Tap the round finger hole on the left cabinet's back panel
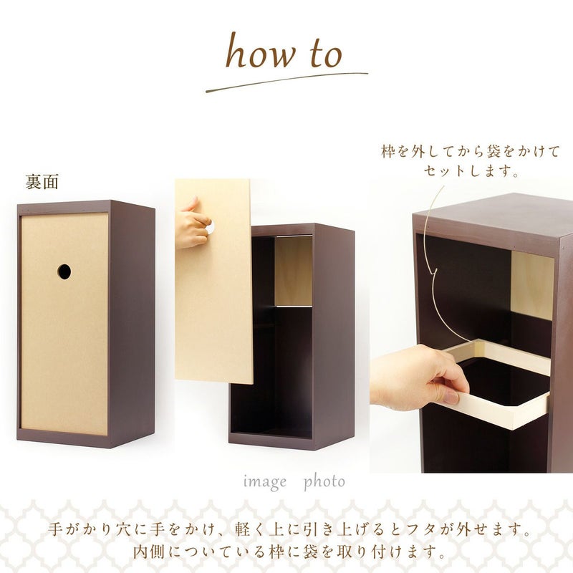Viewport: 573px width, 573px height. click(x=64, y=271)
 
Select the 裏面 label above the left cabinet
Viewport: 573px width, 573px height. click(x=42, y=182)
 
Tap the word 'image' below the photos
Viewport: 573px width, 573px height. click(x=265, y=482)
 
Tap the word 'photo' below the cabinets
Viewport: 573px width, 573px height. click(x=324, y=482)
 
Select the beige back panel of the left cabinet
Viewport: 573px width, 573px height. click(x=64, y=324)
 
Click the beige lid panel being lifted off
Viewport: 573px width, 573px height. click(x=213, y=281)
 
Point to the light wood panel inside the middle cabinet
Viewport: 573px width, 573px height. click(x=294, y=271)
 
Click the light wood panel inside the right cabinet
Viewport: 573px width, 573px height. click(x=532, y=285)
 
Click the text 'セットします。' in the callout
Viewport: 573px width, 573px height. click(x=471, y=171)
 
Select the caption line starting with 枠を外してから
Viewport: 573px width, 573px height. click(x=471, y=151)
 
